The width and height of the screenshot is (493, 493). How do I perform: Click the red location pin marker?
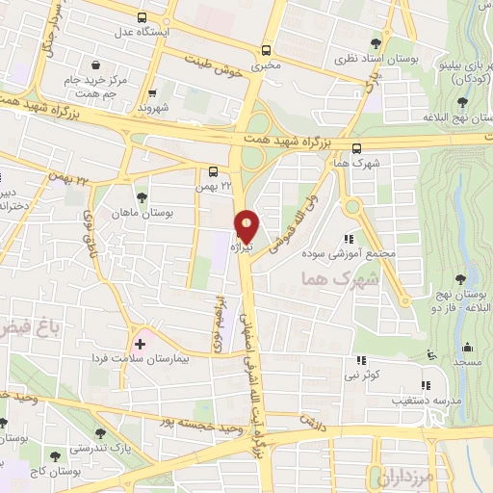(246, 225)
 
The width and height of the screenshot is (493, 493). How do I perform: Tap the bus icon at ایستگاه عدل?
(143, 16)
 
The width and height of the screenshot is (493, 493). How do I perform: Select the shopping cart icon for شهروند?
(152, 93)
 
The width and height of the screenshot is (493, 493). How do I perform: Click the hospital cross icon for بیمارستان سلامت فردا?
(141, 343)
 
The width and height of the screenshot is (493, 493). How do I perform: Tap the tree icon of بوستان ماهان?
(142, 196)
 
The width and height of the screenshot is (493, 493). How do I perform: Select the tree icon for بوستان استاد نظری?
(376, 43)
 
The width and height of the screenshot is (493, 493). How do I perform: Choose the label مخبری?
(264, 67)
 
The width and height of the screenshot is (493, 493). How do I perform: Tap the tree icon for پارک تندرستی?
(100, 432)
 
